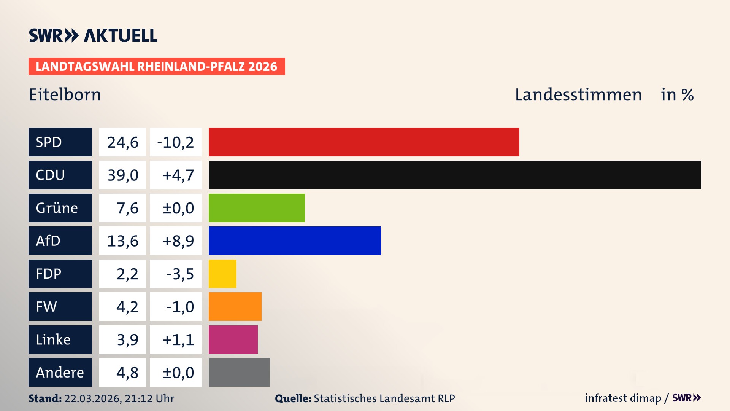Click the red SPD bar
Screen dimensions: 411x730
point(364,142)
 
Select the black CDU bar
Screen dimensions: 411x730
point(455,175)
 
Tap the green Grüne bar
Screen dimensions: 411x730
point(257,208)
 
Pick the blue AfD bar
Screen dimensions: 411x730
point(295,241)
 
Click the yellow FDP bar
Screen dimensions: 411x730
point(222,274)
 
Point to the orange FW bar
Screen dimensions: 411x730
point(235,306)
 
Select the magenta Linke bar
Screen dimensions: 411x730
point(233,339)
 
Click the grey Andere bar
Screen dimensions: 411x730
point(239,372)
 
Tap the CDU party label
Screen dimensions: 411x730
point(60,175)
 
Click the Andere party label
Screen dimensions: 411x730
point(60,372)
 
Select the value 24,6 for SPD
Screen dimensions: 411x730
point(122,142)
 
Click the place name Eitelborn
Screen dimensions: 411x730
point(65,95)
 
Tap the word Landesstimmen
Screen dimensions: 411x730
point(578,95)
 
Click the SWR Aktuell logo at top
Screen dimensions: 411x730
point(93,35)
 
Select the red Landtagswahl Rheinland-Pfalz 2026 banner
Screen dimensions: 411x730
point(157,66)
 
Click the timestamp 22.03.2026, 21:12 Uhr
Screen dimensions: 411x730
point(119,398)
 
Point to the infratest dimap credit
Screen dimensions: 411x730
point(623,398)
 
